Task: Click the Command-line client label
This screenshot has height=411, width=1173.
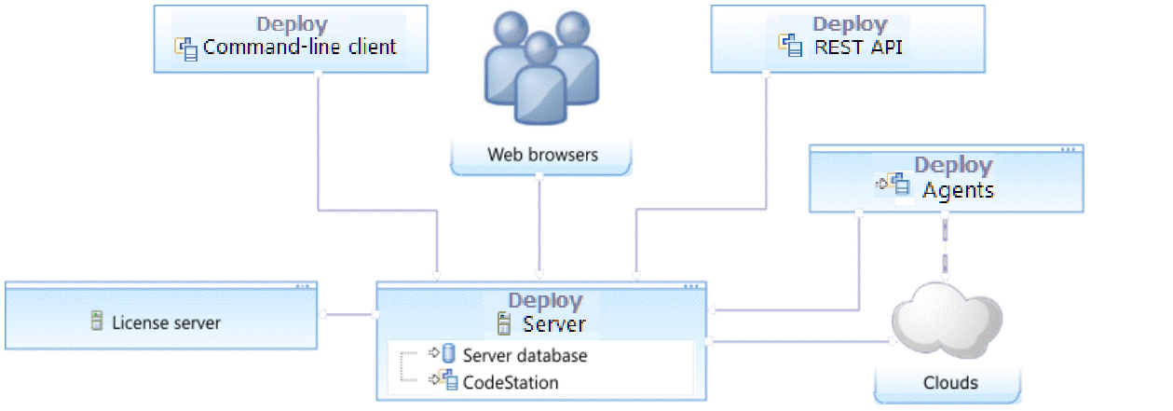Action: pos(300,47)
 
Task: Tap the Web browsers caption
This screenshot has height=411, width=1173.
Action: pos(542,154)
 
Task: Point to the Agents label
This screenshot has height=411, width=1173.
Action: pos(958,190)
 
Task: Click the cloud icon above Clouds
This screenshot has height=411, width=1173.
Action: pos(947,321)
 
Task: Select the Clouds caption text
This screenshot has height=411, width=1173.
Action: pos(950,382)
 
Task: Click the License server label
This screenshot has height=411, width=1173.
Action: pos(167,323)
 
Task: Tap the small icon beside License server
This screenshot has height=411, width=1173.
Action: pos(96,322)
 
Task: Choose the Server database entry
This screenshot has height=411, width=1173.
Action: pos(525,355)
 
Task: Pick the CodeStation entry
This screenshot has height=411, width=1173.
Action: pos(511,382)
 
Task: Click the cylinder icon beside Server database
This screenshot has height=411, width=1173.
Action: pos(448,354)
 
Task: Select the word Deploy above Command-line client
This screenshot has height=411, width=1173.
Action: pos(292,24)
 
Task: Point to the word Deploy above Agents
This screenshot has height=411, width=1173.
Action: pos(952,165)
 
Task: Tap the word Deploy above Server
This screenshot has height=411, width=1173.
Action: pos(545,301)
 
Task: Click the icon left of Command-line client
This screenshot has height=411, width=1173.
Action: pos(186,48)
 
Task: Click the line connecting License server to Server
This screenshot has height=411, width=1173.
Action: pos(348,314)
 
